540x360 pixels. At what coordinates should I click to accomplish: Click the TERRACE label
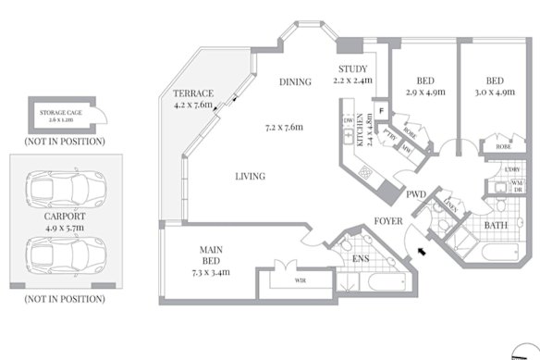(x=193, y=93)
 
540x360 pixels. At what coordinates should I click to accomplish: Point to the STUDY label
(x=352, y=69)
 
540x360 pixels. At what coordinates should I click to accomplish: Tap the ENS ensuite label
(x=363, y=259)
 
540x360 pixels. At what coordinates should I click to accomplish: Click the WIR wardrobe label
(x=301, y=279)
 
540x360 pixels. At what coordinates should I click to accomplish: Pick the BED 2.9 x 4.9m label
(x=425, y=81)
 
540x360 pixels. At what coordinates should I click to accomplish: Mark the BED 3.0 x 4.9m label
(x=496, y=81)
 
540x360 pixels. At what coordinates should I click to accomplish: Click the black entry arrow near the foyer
(x=423, y=250)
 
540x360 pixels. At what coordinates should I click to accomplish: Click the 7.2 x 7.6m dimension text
(x=285, y=127)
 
